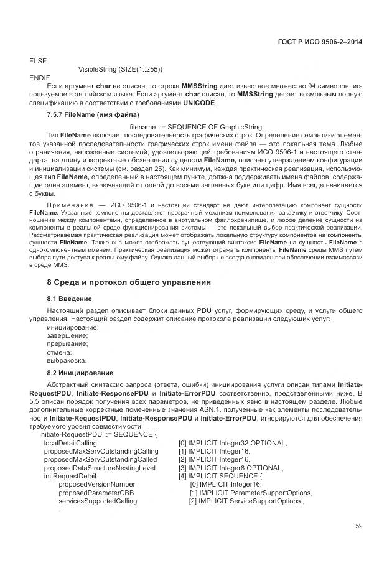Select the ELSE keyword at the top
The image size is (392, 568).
click(38, 60)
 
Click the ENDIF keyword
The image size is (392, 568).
click(40, 77)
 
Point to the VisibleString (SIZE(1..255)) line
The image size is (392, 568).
click(120, 68)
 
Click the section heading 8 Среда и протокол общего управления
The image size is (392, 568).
click(129, 282)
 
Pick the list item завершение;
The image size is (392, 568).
click(67, 335)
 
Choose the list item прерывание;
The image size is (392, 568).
click(67, 343)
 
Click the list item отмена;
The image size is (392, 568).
click(60, 352)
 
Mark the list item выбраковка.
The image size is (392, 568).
click(67, 360)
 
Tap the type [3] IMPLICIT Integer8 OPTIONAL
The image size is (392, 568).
click(231, 467)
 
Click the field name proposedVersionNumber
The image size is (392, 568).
click(96, 483)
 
